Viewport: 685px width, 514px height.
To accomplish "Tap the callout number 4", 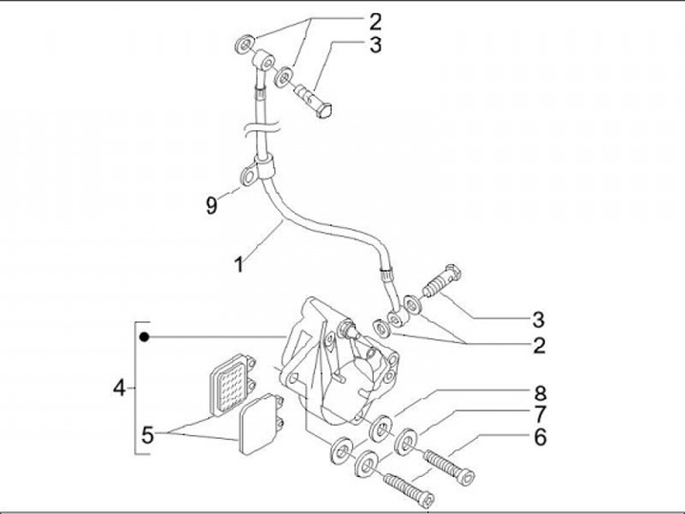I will coord(119,387).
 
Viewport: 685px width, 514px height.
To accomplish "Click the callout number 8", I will coord(539,391).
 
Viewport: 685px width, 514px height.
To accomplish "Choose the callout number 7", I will coord(539,413).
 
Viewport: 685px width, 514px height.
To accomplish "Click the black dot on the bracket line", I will coord(145,336).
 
